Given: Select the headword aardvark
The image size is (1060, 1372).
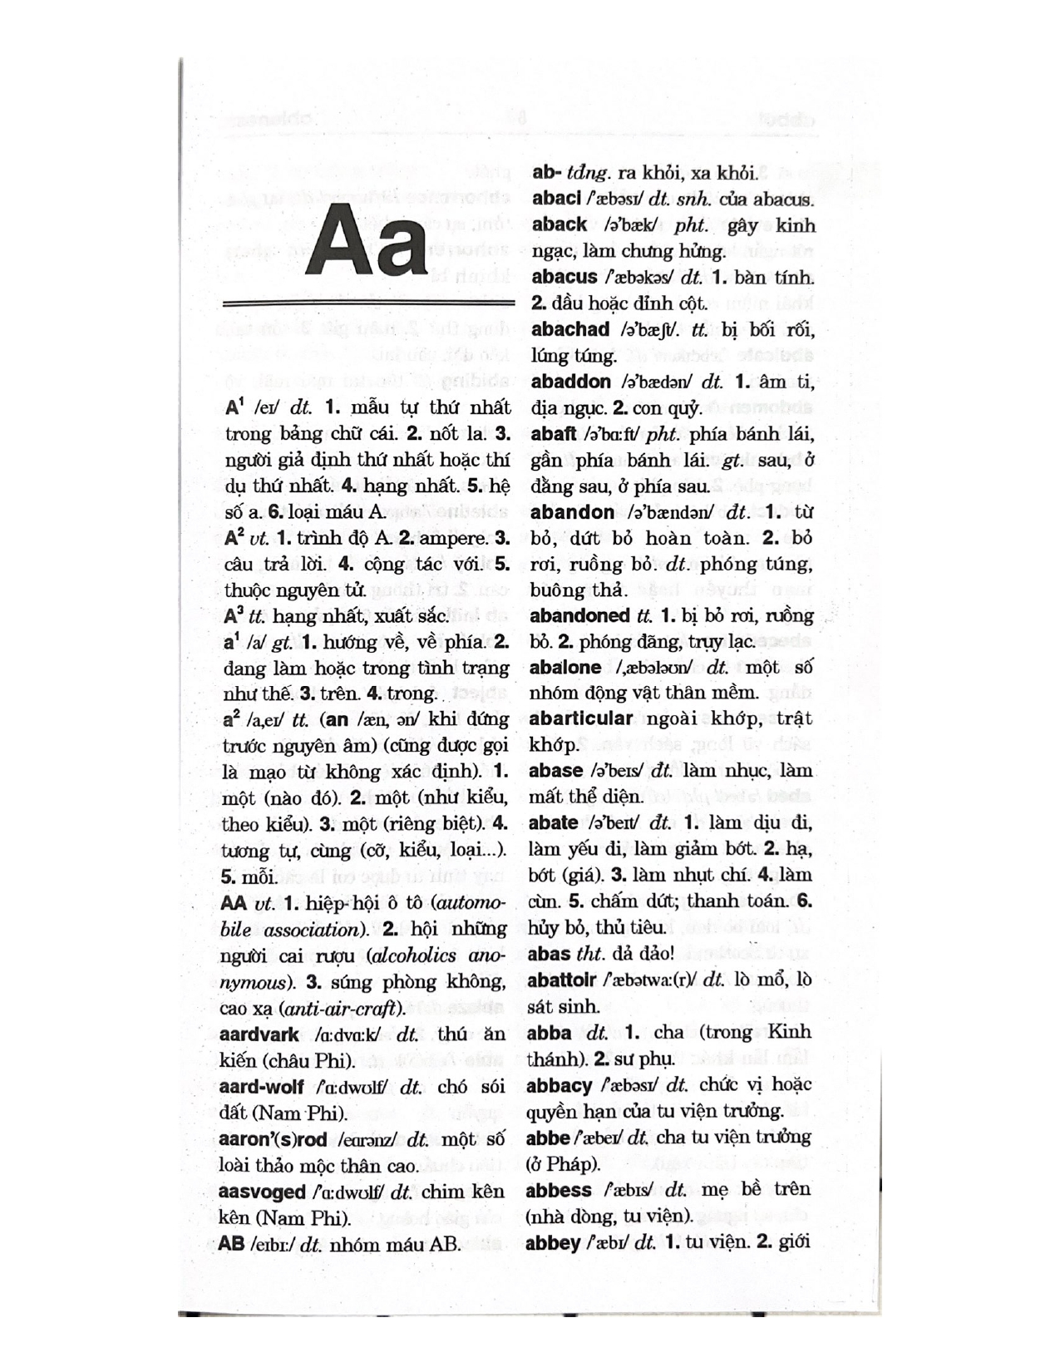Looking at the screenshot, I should click(x=259, y=1035).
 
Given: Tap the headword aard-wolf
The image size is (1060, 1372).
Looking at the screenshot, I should click(x=261, y=1088).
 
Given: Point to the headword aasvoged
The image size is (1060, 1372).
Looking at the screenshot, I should click(x=263, y=1192).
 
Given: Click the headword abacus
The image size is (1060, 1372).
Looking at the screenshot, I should click(x=565, y=278).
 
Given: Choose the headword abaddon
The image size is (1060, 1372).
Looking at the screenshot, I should click(x=570, y=382).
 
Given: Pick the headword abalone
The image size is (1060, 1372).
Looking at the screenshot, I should click(x=565, y=668).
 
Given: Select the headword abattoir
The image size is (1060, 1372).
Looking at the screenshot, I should click(x=562, y=980).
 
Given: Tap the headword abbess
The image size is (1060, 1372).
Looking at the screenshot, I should click(x=559, y=1191).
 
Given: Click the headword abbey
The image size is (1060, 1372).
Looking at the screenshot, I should click(x=553, y=1244).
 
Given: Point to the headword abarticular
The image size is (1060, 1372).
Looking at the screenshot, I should click(x=580, y=718).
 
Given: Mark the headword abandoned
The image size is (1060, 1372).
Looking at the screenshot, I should click(x=579, y=616).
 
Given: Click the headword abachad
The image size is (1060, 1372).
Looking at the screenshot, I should click(x=570, y=329).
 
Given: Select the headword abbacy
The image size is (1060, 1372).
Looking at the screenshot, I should click(x=559, y=1086).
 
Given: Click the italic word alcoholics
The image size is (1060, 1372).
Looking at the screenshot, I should click(x=415, y=956).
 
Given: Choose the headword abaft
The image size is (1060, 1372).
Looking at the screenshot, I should click(x=554, y=434).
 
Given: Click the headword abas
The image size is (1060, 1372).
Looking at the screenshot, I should click(x=549, y=954).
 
